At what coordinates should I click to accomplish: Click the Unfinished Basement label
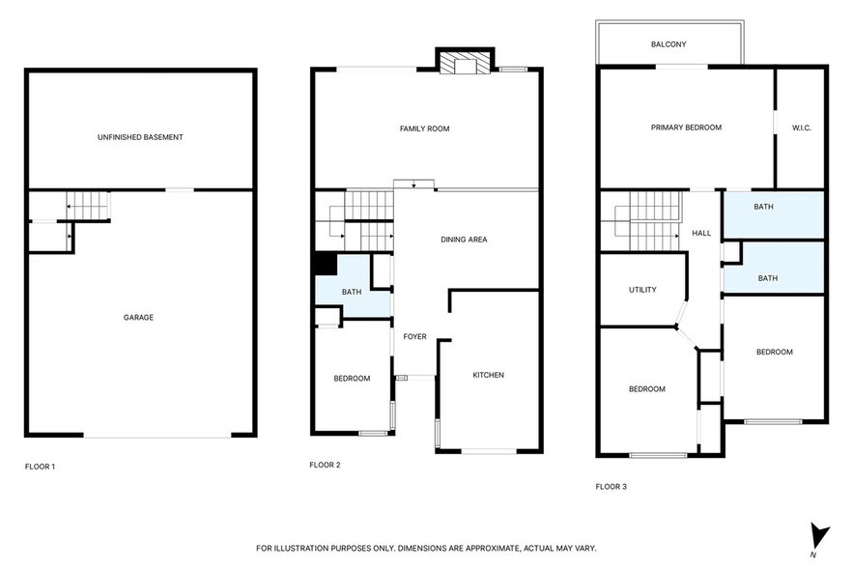coord(140,137)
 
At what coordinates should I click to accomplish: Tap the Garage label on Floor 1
coord(138,317)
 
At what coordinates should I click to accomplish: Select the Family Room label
coord(425,128)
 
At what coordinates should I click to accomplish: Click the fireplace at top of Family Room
coord(465,64)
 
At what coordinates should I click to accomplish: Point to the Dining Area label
coord(464,239)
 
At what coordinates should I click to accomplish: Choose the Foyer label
coord(415,336)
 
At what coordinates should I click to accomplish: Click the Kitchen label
coord(488,375)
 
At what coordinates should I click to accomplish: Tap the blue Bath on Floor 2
coord(351,293)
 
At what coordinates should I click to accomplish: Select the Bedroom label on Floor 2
coord(352,378)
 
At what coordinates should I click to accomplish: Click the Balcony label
coord(668,44)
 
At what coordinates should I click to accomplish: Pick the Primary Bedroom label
coord(686,128)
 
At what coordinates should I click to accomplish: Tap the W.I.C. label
coord(802,128)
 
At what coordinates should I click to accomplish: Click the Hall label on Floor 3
coord(701,233)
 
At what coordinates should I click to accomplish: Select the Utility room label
coord(642,290)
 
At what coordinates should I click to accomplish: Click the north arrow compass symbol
coord(819,534)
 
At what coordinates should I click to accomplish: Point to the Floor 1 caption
coord(40,467)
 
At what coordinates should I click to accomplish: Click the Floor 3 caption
coord(611,486)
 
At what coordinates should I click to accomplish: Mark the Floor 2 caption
coord(325,465)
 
